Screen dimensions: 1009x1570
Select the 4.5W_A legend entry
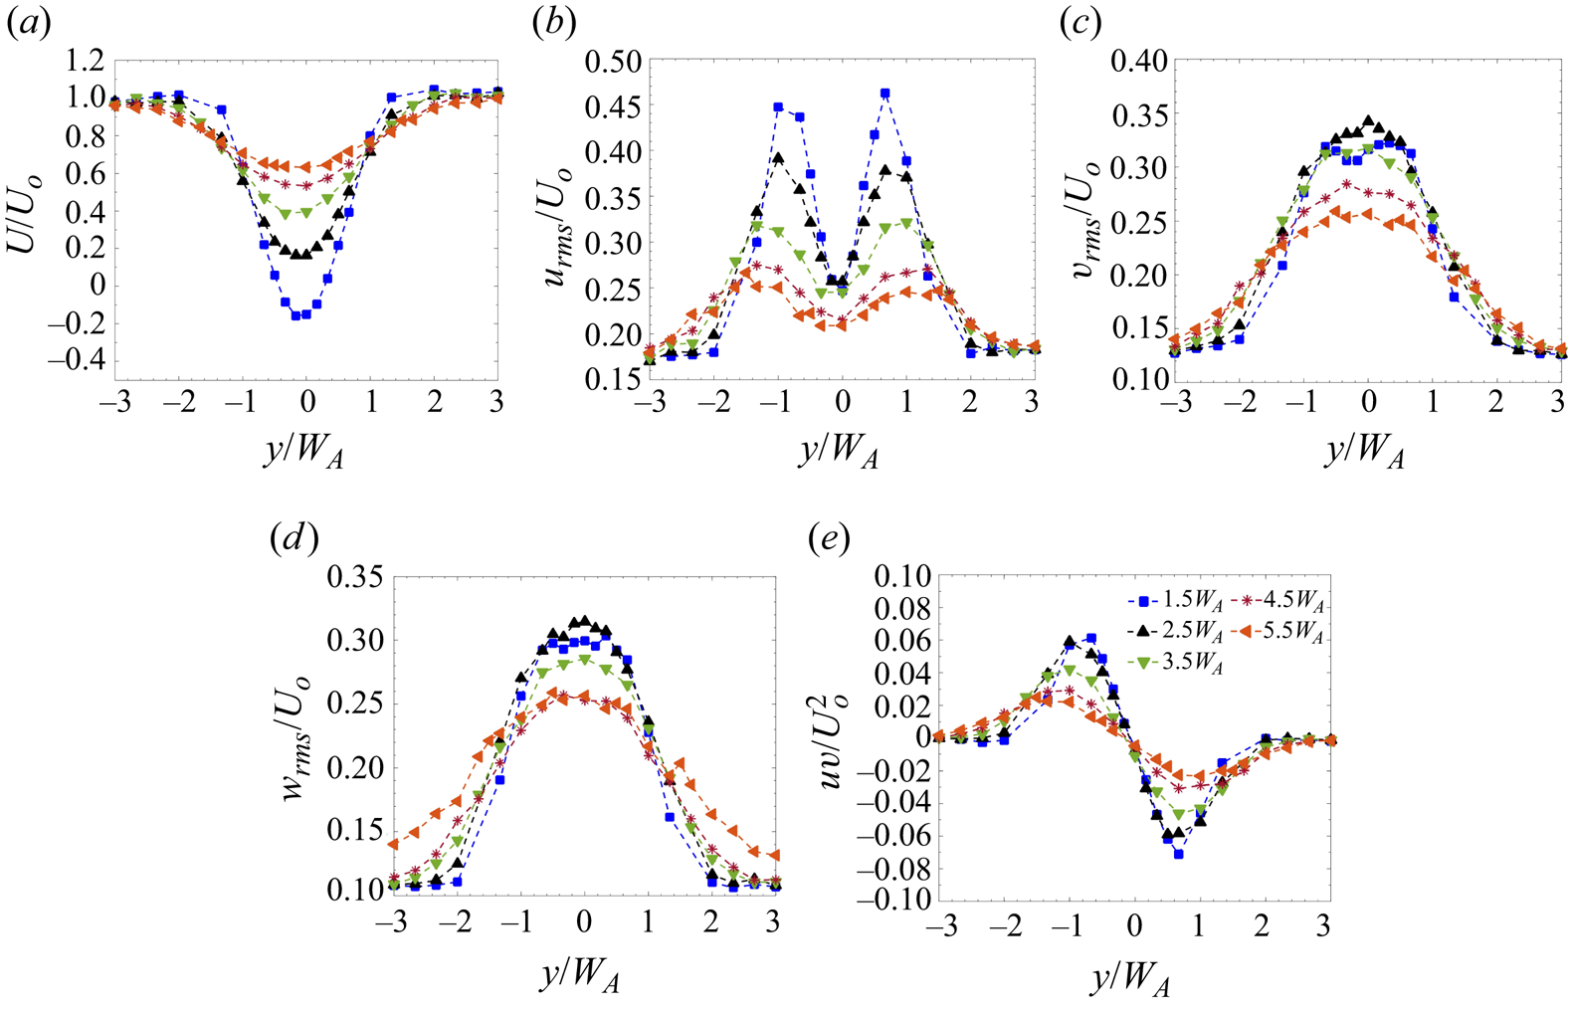[1286, 601]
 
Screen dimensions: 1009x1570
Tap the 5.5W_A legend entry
[1286, 630]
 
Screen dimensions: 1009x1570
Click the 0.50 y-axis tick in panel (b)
[612, 61]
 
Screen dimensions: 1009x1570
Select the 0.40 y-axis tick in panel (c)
[1138, 61]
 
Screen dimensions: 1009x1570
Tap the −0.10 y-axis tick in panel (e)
[892, 900]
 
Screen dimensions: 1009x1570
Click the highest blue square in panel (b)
[885, 94]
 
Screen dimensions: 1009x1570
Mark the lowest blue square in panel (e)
[1178, 854]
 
